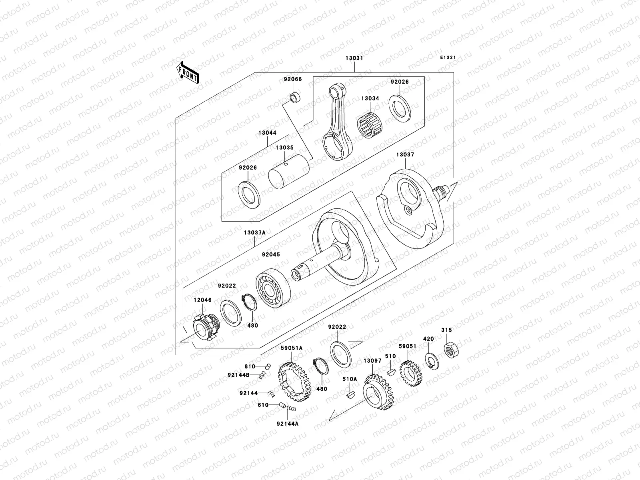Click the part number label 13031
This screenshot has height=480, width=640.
(x=354, y=58)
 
